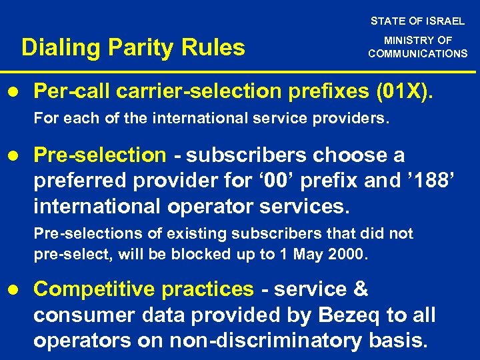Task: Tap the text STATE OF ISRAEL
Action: pyautogui.click(x=417, y=21)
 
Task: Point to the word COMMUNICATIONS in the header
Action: pyautogui.click(x=417, y=53)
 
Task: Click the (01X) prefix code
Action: pyautogui.click(x=405, y=90)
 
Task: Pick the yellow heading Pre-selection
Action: pyautogui.click(x=99, y=155)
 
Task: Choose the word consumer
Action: pyautogui.click(x=79, y=315)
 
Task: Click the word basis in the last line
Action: pyautogui.click(x=398, y=340)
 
